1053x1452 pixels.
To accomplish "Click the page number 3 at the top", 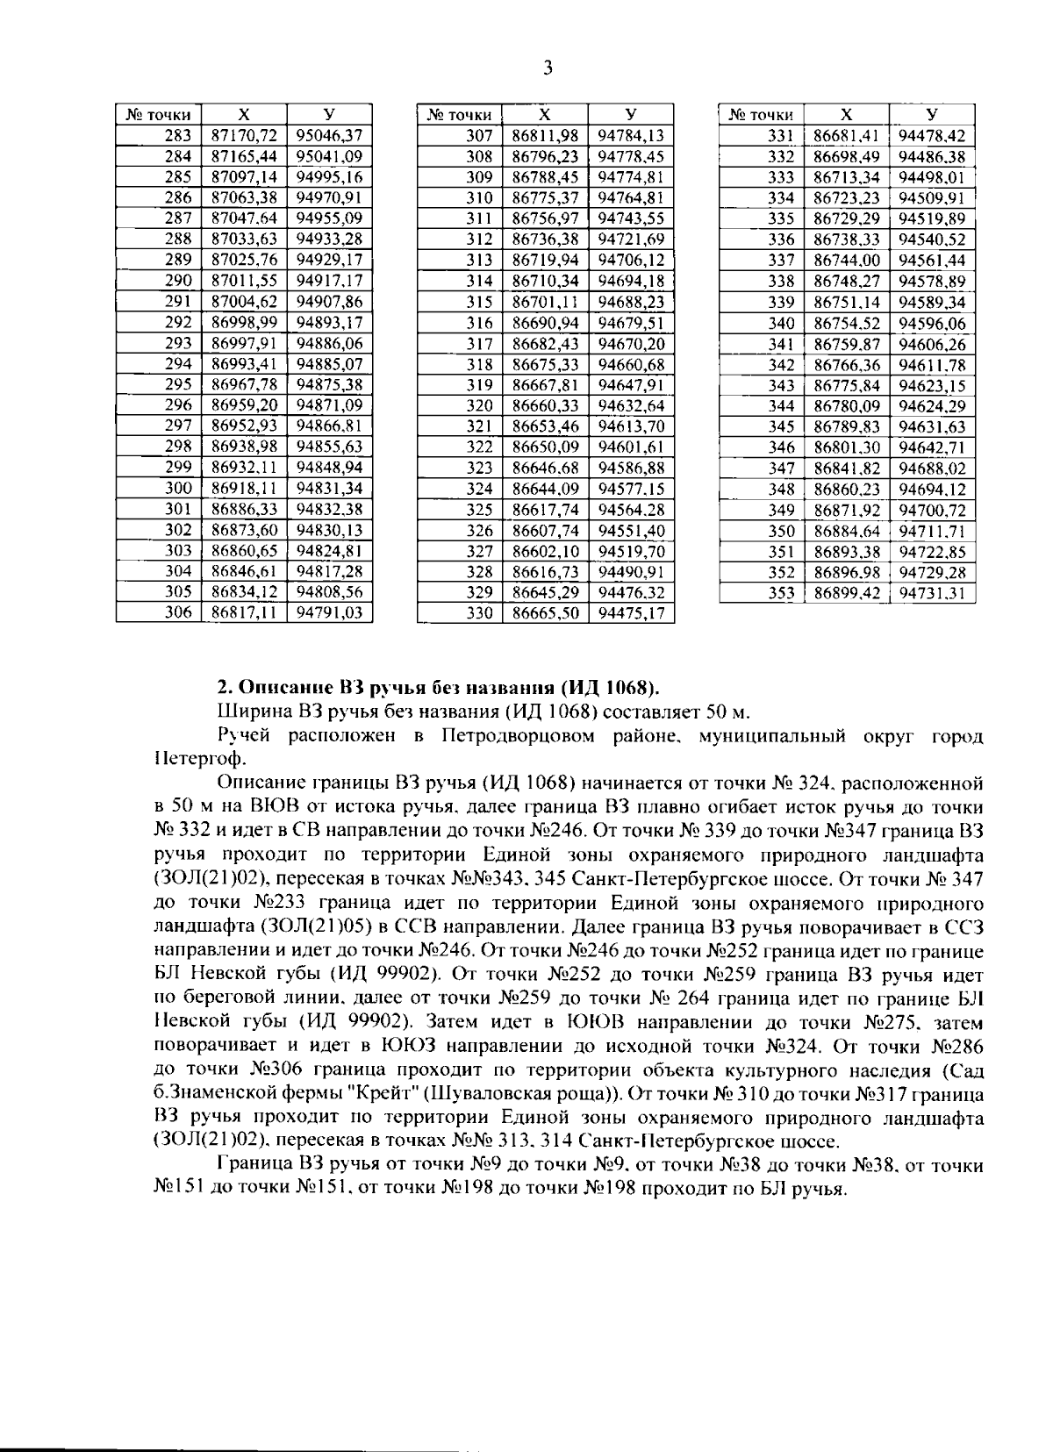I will coord(548,68).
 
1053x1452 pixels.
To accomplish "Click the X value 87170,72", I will coord(245,135).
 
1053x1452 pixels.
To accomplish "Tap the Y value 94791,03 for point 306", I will coord(329,612).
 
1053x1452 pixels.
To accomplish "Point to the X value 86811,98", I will coord(545,135).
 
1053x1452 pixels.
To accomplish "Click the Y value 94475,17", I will coord(630,612).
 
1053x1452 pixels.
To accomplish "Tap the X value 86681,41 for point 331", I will coord(846,135).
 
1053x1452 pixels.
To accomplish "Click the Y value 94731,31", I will coord(931,592).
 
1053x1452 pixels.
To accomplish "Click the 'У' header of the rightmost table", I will coord(931,115).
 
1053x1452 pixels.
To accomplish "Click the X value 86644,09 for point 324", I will coord(545,488).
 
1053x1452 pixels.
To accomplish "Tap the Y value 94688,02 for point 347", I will coord(931,468).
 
